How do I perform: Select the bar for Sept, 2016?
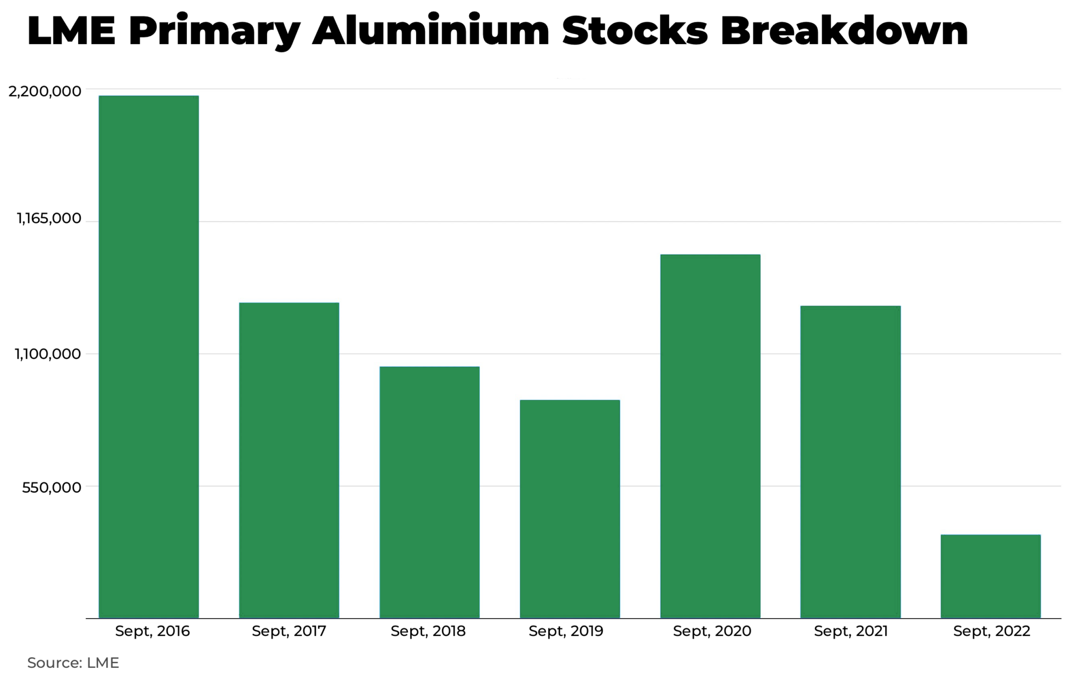point(149,357)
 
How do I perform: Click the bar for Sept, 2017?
point(289,460)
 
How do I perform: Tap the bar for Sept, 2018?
point(429,492)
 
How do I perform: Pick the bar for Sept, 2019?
point(570,508)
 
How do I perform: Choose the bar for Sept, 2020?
point(710,436)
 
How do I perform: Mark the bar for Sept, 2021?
point(850,462)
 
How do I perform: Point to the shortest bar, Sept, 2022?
point(990,576)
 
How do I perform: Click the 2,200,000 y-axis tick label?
point(45,91)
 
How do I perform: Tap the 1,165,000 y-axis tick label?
point(49,218)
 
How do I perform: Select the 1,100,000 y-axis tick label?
point(48,354)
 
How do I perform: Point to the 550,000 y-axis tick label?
point(51,487)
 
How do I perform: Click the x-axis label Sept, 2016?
point(152,631)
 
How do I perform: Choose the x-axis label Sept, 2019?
point(566,631)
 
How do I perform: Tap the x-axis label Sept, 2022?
point(991,631)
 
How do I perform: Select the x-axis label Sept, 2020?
point(712,631)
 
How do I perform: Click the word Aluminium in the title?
point(430,31)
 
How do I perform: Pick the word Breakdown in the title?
point(844,31)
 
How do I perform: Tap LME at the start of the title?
point(71,31)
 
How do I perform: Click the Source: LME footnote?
point(73,663)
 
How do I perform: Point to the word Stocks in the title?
point(635,31)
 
